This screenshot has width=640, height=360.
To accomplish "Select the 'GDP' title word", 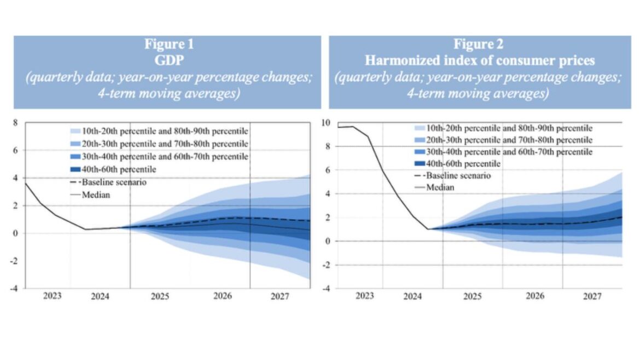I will [x=167, y=61].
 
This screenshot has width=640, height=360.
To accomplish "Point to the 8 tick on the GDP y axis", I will [x=15, y=123].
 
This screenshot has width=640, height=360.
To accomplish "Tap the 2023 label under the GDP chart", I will [x=53, y=297].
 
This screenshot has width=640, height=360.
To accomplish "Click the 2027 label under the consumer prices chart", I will [x=592, y=297].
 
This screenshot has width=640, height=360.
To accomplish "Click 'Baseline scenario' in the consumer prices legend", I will [x=458, y=176].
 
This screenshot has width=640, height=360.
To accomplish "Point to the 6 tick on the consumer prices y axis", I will [x=327, y=170].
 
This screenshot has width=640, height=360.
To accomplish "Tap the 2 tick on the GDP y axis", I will [x=15, y=206].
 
